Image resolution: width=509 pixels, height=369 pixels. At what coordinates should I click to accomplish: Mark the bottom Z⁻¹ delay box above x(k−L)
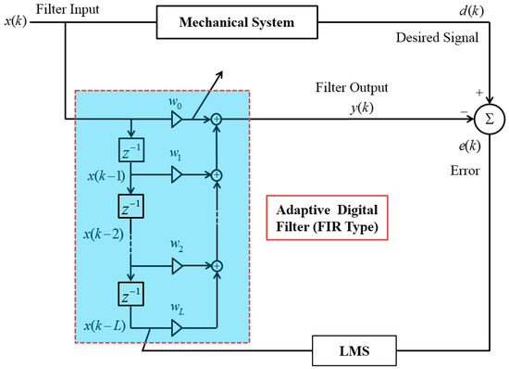(x=130, y=297)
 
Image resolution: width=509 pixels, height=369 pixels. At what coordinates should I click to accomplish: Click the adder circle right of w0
(x=216, y=119)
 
